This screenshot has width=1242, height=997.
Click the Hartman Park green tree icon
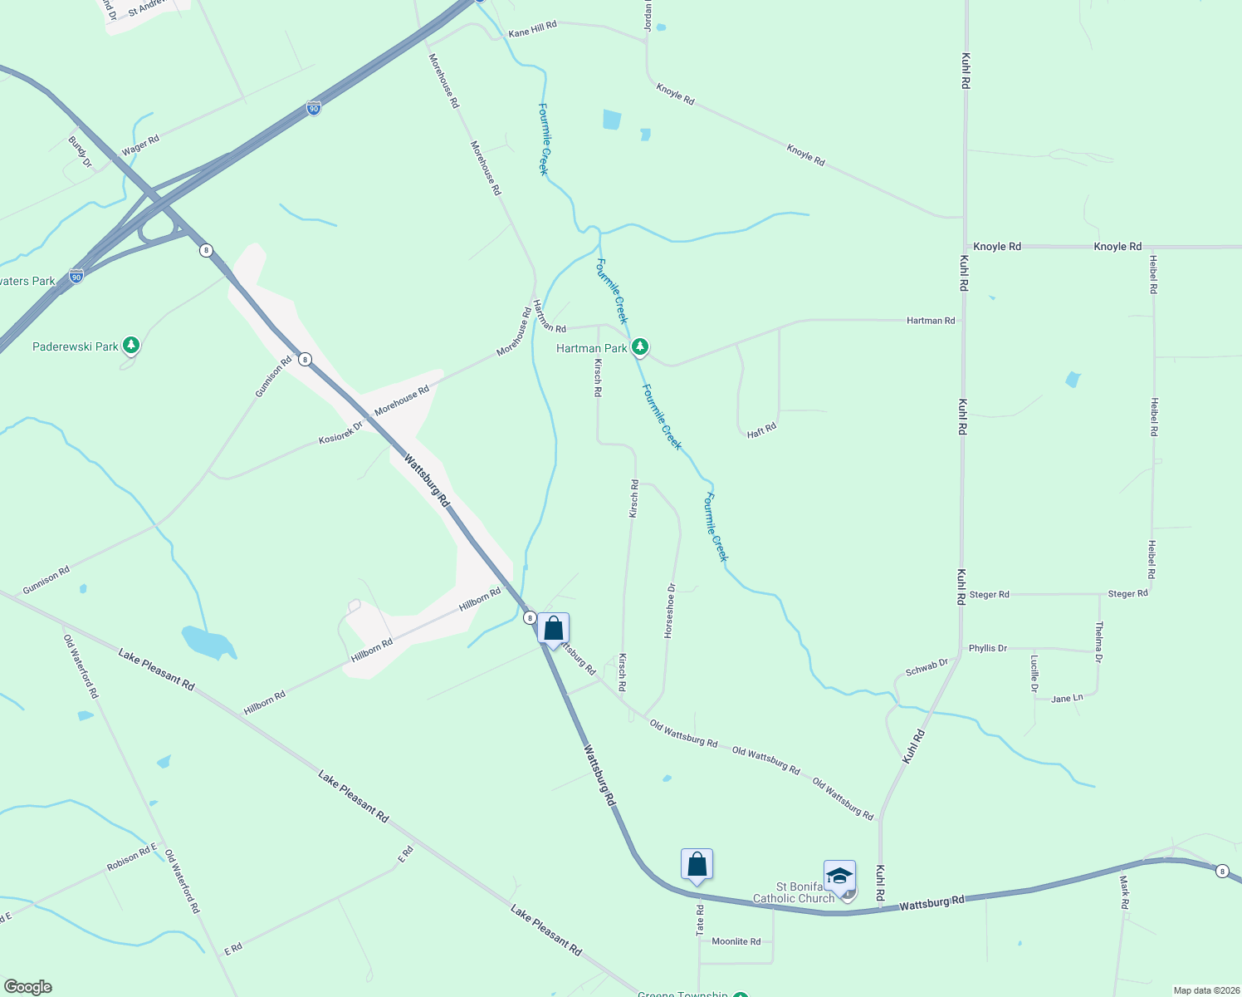(x=639, y=346)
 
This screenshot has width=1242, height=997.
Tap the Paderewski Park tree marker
(x=130, y=345)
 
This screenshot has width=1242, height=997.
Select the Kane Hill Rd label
(x=532, y=30)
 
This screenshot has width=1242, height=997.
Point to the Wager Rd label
(x=140, y=145)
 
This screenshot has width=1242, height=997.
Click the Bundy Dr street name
(x=81, y=151)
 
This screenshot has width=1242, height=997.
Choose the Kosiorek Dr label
(x=340, y=433)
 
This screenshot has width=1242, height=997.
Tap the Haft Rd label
(x=761, y=430)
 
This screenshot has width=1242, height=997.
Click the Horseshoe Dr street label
(x=670, y=611)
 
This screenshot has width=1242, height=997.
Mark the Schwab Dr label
(x=927, y=667)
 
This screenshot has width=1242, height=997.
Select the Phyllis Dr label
(x=988, y=648)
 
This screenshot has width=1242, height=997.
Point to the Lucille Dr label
(x=1034, y=673)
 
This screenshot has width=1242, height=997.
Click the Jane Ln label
(x=1067, y=699)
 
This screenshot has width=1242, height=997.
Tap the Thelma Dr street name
(x=1098, y=641)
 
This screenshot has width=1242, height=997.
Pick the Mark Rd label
(x=1124, y=892)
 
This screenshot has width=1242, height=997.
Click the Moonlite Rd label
(x=736, y=941)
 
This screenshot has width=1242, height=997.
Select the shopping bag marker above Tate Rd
(x=697, y=865)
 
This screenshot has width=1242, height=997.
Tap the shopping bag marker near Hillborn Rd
(x=553, y=629)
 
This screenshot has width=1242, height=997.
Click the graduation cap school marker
(x=839, y=877)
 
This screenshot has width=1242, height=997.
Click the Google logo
(x=27, y=987)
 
